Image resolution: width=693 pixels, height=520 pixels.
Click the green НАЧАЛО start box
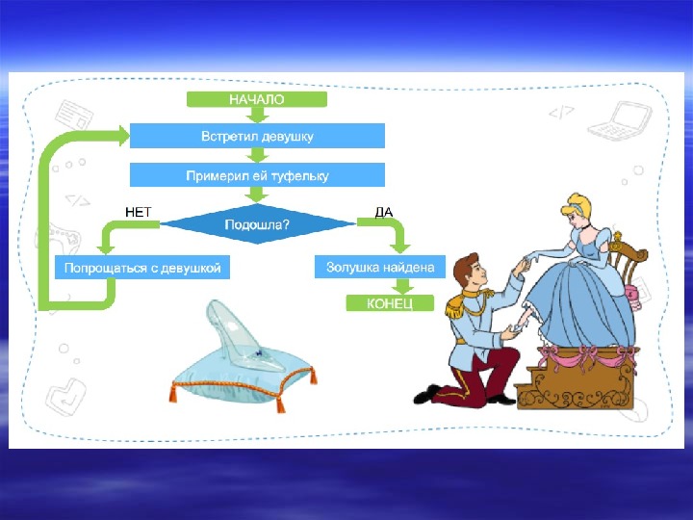tap(257, 98)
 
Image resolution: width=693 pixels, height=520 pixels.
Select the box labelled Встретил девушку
tap(257, 136)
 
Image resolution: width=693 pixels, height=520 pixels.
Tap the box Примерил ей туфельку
tap(257, 175)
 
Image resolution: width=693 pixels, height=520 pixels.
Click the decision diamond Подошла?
tap(257, 223)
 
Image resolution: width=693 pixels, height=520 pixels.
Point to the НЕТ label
tap(139, 211)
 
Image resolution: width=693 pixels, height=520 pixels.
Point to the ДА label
tap(383, 211)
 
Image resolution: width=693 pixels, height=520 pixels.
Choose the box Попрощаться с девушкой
tap(142, 267)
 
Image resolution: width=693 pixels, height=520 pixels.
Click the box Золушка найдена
tap(380, 267)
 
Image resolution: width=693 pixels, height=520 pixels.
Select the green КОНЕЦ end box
tap(380, 303)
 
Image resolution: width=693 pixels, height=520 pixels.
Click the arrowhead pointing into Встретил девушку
tap(122, 137)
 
